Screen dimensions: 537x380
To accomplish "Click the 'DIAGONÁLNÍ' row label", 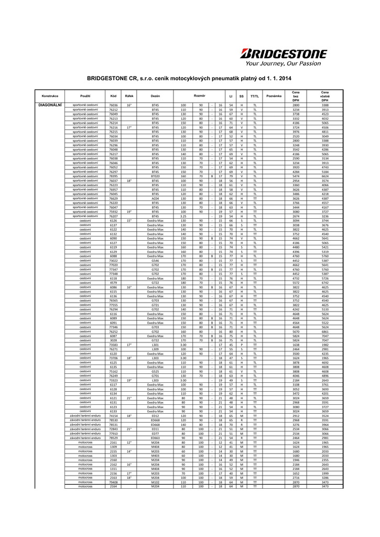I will tap(50, 105).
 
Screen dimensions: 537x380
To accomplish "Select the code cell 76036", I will tap(113, 105).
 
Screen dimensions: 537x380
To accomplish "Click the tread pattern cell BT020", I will tap(155, 176).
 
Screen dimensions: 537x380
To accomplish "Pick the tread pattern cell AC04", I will tap(155, 199).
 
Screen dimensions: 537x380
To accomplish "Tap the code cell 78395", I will tap(113, 176).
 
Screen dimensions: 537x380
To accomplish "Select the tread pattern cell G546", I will tap(155, 261).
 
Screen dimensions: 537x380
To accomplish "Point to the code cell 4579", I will tap(113, 283).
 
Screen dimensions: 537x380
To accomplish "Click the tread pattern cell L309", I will tap(155, 349).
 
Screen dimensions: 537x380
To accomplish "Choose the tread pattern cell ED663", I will tap(155, 437).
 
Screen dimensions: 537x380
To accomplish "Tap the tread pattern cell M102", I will tap(155, 482).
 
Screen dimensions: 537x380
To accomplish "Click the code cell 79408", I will tap(113, 482).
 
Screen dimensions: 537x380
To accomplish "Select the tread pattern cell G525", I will tap(155, 371).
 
